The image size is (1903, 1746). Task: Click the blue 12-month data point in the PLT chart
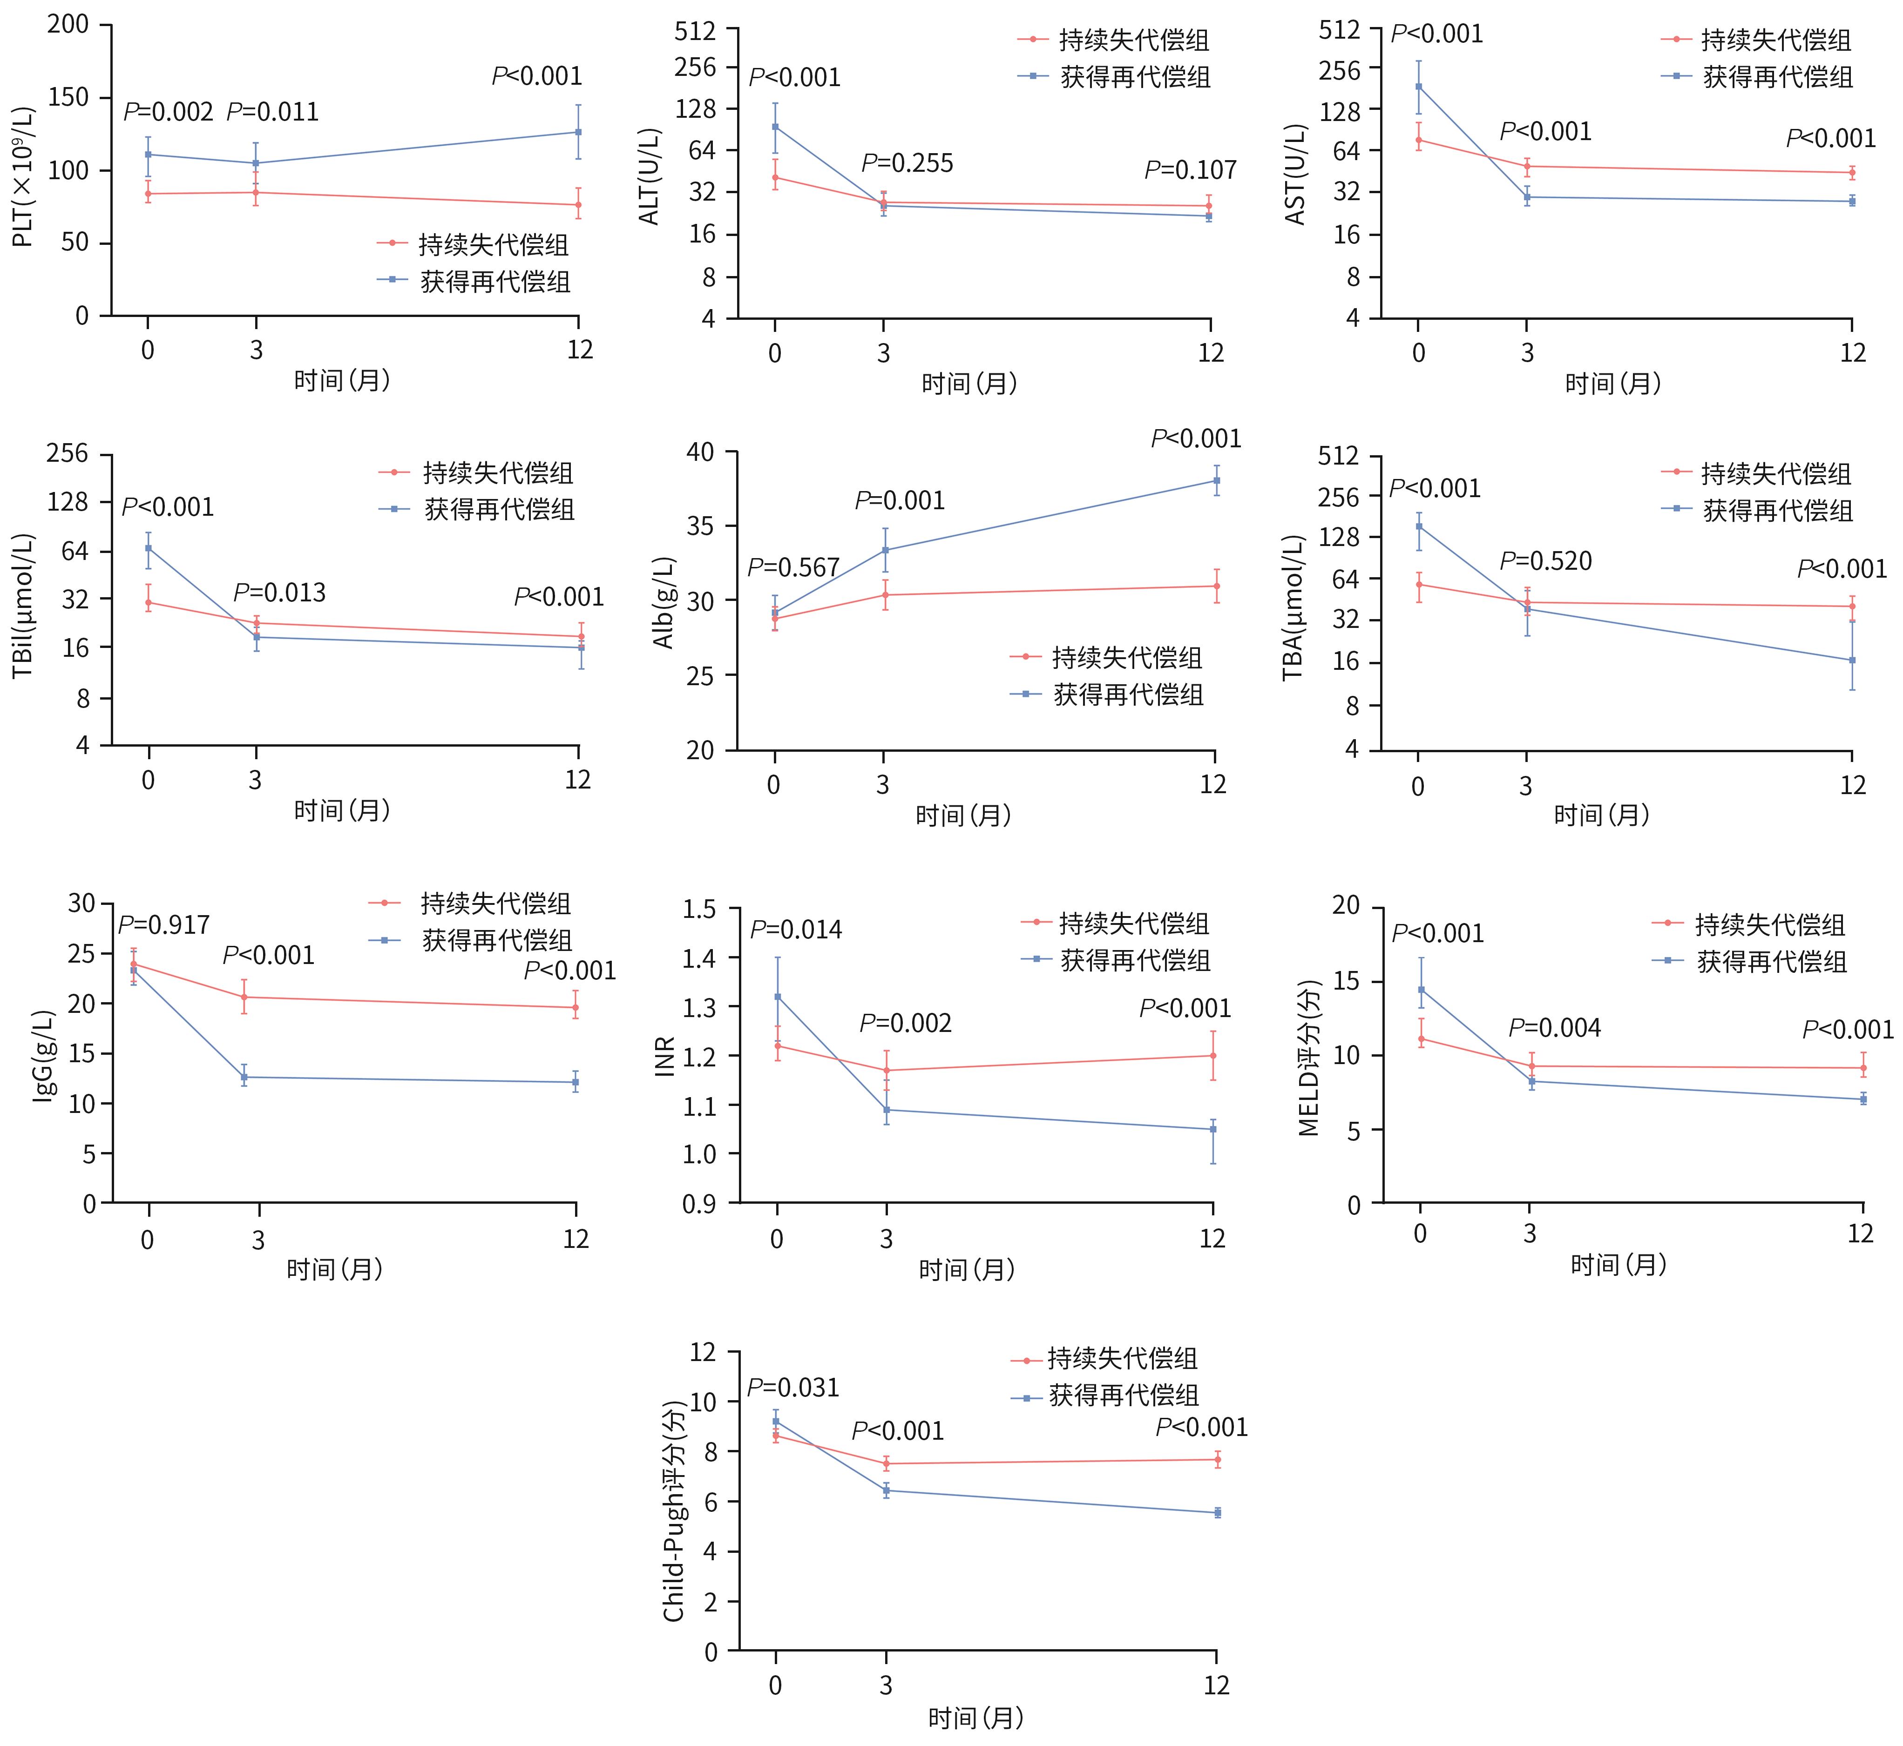(578, 132)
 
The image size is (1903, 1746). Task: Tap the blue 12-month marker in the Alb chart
(1216, 481)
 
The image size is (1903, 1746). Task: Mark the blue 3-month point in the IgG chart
(244, 1077)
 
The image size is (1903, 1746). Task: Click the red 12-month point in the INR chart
(1213, 1055)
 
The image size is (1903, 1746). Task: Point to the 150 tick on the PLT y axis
(68, 97)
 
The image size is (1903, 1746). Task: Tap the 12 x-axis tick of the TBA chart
(1852, 785)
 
